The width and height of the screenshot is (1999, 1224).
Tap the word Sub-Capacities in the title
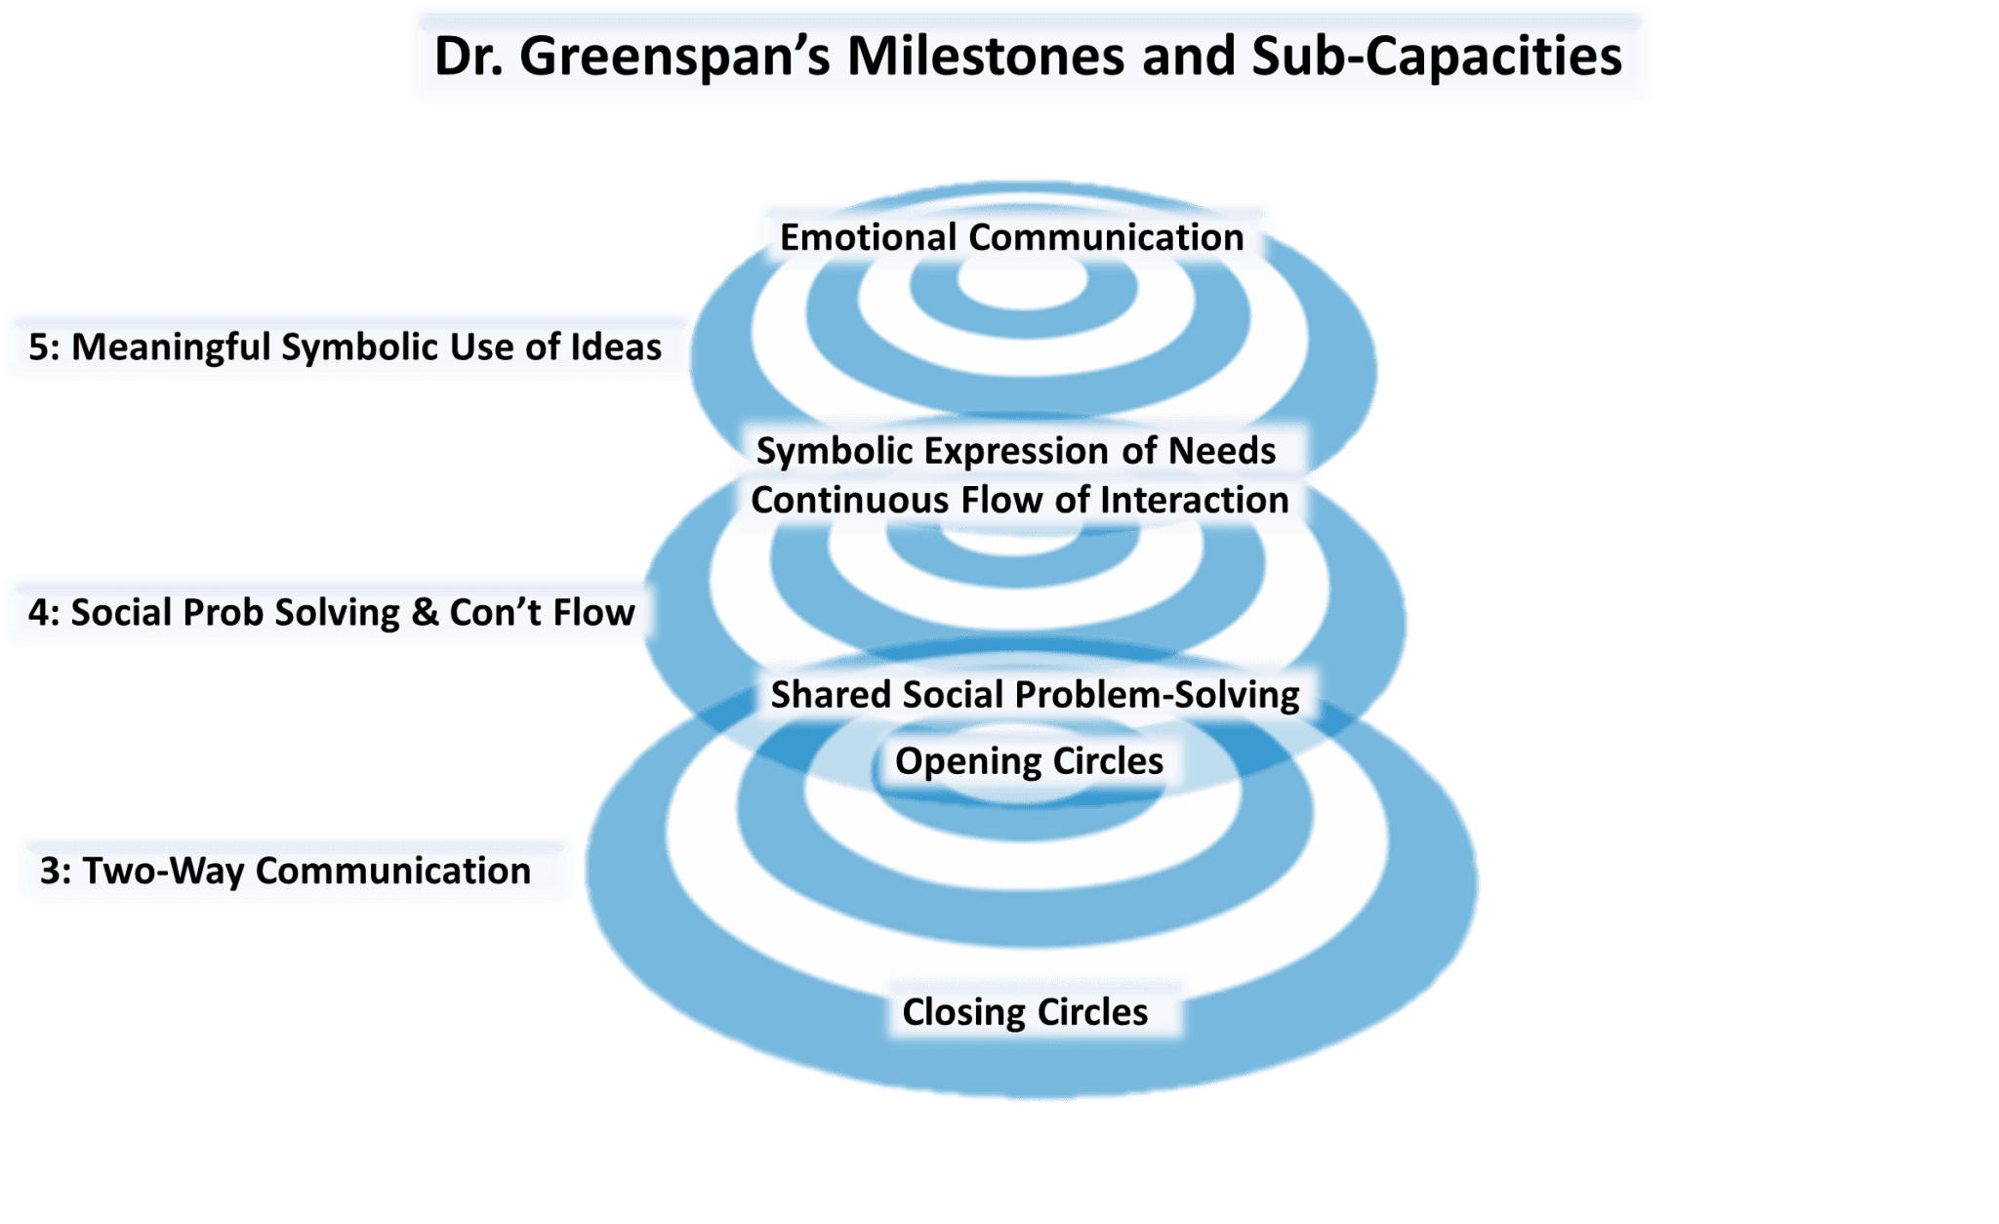pyautogui.click(x=1436, y=56)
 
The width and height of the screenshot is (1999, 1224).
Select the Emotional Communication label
pyautogui.click(x=1011, y=237)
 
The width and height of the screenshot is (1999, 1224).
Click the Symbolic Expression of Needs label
pyautogui.click(x=1015, y=451)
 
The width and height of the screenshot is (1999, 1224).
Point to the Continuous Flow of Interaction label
pyautogui.click(x=1019, y=500)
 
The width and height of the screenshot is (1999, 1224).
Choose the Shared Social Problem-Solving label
pyautogui.click(x=1035, y=695)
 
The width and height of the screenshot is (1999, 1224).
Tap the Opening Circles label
pyautogui.click(x=1029, y=761)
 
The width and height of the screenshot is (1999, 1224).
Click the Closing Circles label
pyautogui.click(x=1024, y=1012)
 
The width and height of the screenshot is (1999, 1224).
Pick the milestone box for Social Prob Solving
pyautogui.click(x=331, y=613)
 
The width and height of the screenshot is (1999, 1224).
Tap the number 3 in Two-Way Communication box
pyautogui.click(x=49, y=871)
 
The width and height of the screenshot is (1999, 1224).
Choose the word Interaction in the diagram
pyautogui.click(x=1194, y=500)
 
